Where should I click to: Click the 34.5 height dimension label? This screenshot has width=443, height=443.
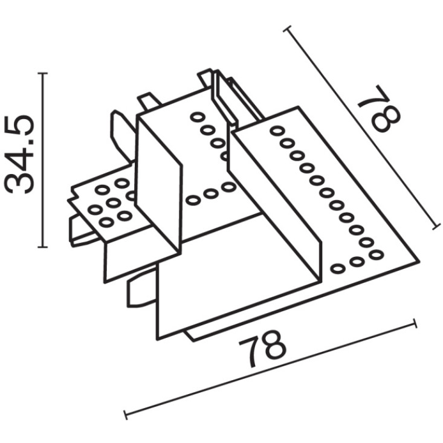click(x=19, y=154)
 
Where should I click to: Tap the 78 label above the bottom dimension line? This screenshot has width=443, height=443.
click(x=262, y=349)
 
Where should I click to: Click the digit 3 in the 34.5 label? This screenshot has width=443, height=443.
click(x=19, y=184)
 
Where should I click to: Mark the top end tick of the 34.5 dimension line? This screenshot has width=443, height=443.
click(x=42, y=73)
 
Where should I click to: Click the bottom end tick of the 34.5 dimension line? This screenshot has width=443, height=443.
click(x=42, y=247)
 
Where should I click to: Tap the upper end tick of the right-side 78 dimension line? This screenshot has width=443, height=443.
click(x=288, y=29)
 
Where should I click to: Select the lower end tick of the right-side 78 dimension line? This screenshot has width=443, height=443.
click(x=436, y=226)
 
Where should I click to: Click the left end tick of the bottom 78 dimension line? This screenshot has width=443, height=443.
click(x=126, y=415)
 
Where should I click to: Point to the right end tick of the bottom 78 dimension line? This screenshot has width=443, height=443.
click(x=415, y=323)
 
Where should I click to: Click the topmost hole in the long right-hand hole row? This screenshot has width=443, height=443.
click(x=277, y=131)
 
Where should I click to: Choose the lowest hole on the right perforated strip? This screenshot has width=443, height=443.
click(x=338, y=268)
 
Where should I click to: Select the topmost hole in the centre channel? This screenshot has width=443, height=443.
click(x=197, y=117)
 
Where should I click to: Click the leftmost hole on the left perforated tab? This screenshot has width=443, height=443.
click(x=95, y=210)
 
